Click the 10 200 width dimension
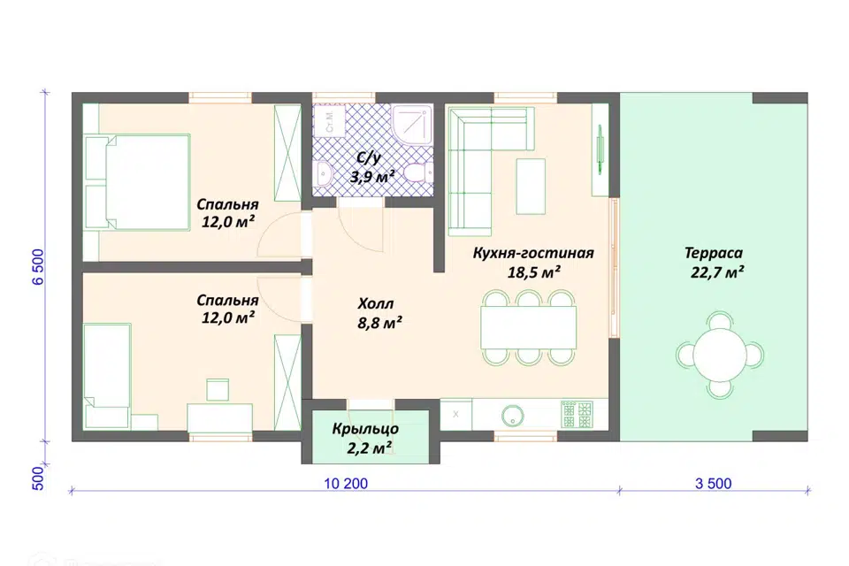click(346, 484)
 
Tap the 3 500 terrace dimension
click(713, 484)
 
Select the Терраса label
click(713, 253)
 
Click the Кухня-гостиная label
click(533, 254)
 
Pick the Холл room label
click(375, 303)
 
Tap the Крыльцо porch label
click(365, 429)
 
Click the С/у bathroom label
click(368, 157)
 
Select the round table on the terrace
click(720, 355)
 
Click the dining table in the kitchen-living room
click(528, 327)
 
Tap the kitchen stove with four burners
click(577, 415)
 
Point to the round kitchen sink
click(512, 416)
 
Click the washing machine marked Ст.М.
click(329, 120)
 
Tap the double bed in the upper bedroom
click(137, 182)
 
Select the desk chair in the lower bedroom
click(218, 390)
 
